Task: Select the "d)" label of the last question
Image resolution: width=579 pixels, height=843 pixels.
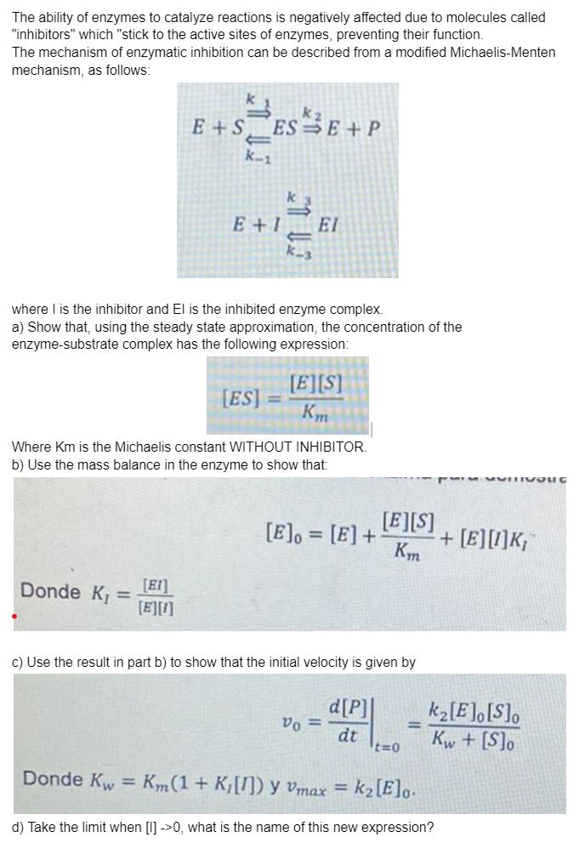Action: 19,825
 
